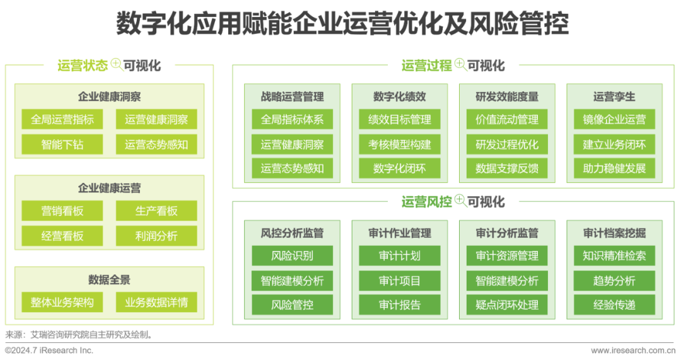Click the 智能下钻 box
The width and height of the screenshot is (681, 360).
tap(62, 144)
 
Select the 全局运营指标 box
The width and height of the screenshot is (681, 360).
tap(62, 119)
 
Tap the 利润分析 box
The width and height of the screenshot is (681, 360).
tap(156, 236)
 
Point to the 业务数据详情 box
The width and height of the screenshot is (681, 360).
tap(156, 302)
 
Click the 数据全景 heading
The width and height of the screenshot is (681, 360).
tap(109, 279)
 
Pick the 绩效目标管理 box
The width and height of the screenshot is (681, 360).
tap(400, 119)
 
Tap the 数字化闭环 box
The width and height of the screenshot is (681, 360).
tap(400, 168)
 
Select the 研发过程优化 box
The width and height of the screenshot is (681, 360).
tap(507, 144)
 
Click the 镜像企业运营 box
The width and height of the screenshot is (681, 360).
tap(614, 119)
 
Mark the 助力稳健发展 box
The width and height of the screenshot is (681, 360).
tap(614, 168)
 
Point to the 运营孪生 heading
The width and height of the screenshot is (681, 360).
tap(614, 96)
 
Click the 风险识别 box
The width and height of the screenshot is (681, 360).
tap(292, 256)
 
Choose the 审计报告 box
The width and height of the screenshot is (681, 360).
tap(400, 305)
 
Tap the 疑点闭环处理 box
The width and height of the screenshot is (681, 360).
tap(507, 305)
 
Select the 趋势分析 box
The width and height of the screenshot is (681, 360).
tap(614, 281)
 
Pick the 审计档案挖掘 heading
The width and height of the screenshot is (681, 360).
tap(614, 233)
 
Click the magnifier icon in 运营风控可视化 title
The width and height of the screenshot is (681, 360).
tap(460, 201)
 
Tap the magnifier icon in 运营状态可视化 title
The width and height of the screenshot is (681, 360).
tap(116, 64)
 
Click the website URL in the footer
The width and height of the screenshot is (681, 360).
tap(634, 351)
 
